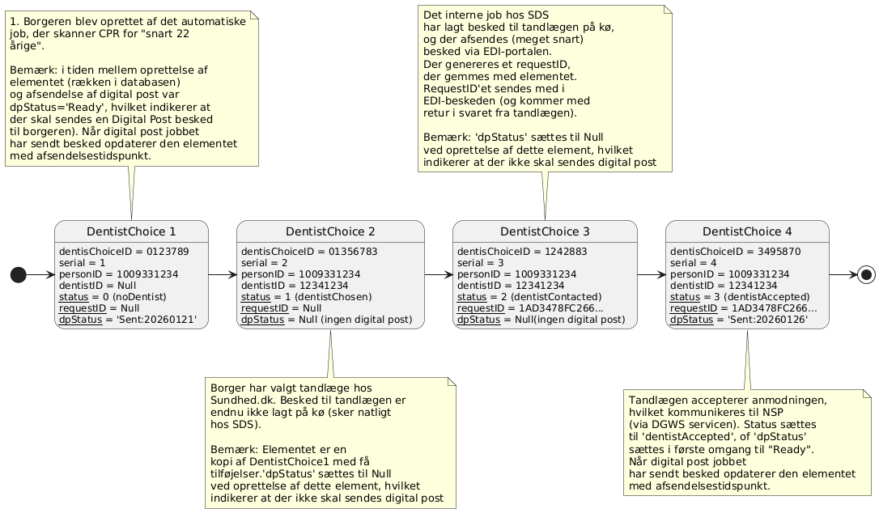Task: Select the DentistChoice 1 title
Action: coord(131,231)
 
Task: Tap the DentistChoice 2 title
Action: coord(330,231)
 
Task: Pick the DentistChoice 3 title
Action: coord(546,231)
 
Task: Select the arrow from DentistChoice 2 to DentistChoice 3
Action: coord(439,275)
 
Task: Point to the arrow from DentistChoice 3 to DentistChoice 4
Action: coord(651,275)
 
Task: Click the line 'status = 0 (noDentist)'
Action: coord(113,297)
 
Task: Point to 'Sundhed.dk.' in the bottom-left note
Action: coord(243,401)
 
